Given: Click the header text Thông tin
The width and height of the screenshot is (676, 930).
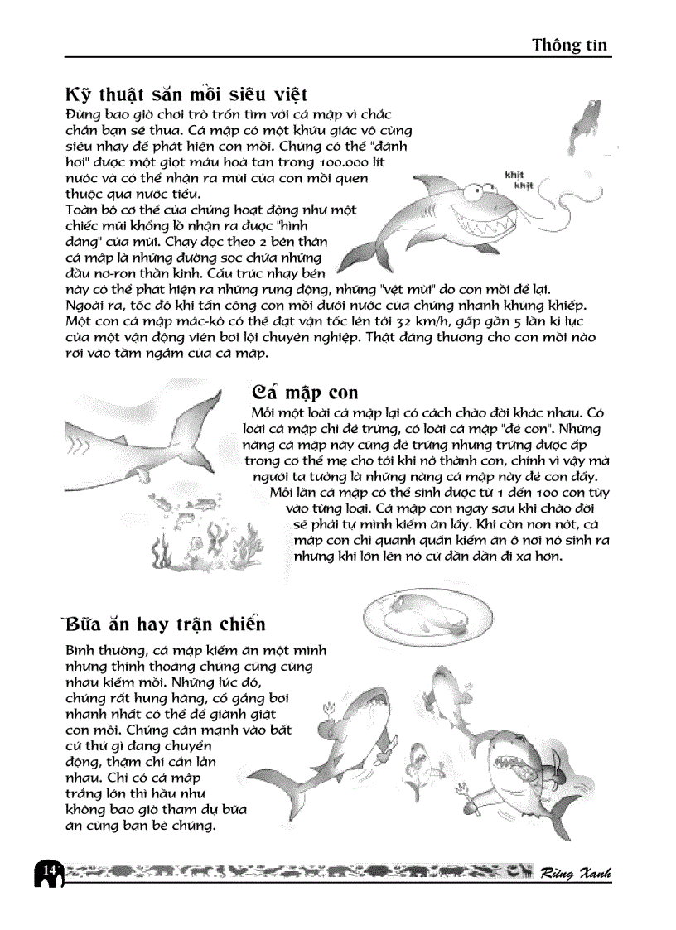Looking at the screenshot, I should [570, 46].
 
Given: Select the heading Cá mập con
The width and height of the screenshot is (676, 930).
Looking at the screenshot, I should [303, 391].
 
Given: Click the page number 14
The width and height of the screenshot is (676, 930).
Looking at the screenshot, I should [48, 870].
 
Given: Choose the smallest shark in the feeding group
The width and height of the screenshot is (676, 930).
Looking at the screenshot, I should [421, 758].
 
